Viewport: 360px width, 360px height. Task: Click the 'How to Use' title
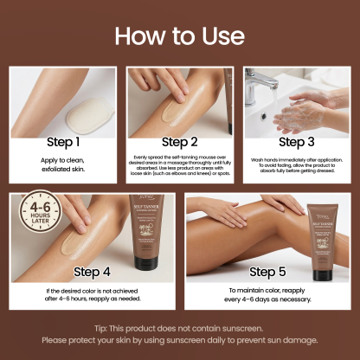click(x=180, y=36)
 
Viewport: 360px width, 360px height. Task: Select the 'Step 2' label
click(x=180, y=141)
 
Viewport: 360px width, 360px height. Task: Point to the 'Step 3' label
click(x=297, y=141)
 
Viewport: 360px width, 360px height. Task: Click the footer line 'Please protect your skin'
click(x=180, y=340)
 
